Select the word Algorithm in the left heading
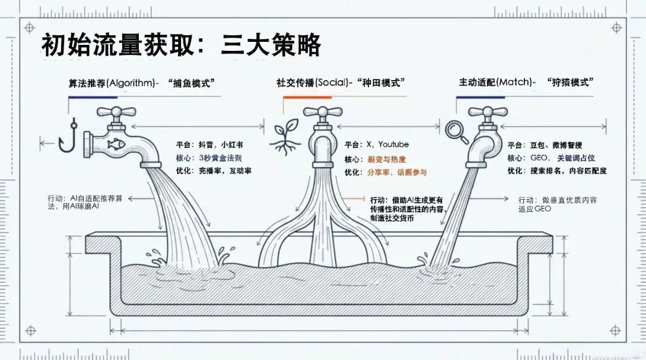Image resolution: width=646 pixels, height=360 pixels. pos(130,83)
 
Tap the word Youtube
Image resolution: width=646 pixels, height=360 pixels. pos(393,145)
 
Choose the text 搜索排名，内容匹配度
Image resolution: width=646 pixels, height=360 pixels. pos(568,171)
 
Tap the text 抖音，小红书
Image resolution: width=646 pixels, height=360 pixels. pos(221,145)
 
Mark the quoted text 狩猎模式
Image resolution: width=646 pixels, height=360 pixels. pos(569,83)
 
